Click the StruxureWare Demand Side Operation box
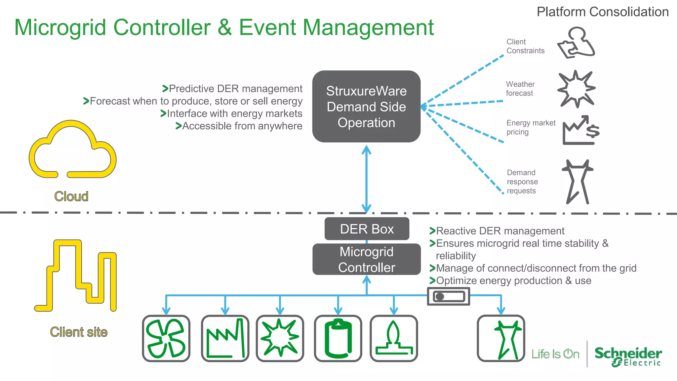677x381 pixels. click(x=366, y=106)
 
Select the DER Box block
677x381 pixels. click(x=367, y=229)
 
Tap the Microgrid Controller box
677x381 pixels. click(x=367, y=259)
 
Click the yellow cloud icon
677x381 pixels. click(x=73, y=150)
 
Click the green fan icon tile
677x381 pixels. click(x=166, y=338)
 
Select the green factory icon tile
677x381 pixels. click(x=225, y=338)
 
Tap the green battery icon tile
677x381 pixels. click(x=338, y=338)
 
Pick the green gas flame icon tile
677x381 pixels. click(x=394, y=338)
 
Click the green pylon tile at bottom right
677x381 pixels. click(x=501, y=338)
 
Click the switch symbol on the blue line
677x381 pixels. click(x=448, y=296)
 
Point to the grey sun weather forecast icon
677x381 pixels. click(x=577, y=89)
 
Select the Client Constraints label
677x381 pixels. click(x=525, y=46)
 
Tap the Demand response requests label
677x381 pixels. click(x=522, y=182)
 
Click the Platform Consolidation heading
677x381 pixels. click(x=602, y=12)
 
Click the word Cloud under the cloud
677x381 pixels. click(x=71, y=196)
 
